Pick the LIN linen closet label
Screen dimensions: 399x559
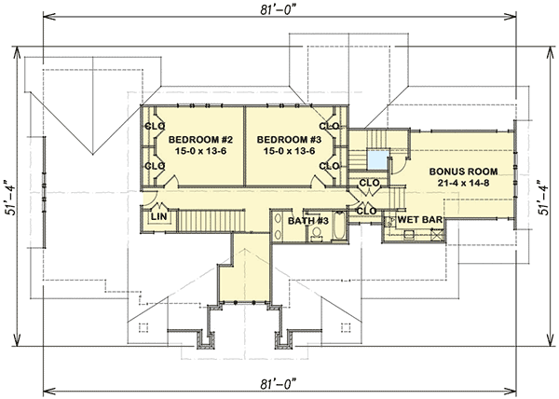coord(159,216)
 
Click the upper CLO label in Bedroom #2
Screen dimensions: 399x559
coord(154,125)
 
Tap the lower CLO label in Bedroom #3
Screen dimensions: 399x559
coord(328,166)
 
